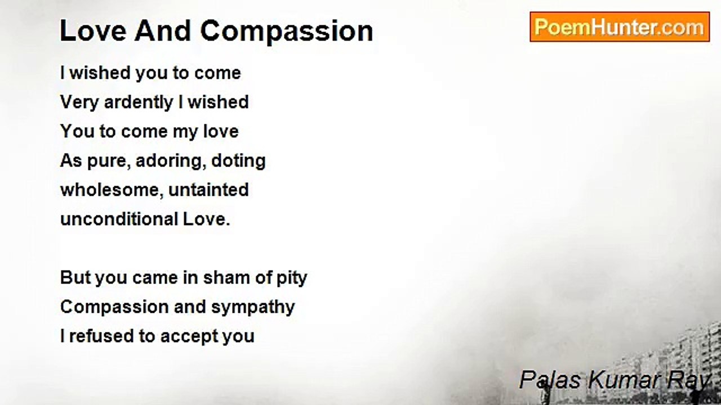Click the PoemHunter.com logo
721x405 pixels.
click(x=619, y=26)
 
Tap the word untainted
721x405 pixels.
click(x=209, y=190)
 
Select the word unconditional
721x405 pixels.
click(x=119, y=219)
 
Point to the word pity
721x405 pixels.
click(x=292, y=278)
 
